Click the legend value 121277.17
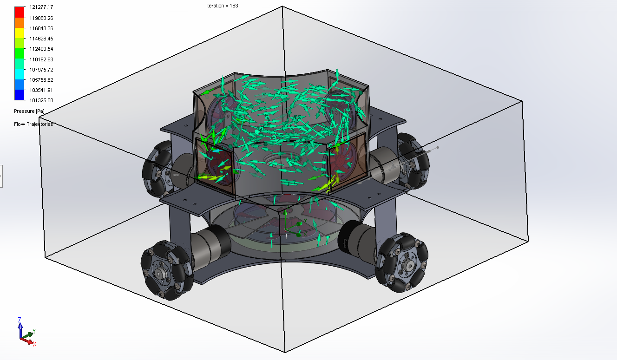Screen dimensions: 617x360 (41, 7)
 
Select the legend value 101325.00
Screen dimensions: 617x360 (41, 100)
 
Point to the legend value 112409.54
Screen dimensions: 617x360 (41, 49)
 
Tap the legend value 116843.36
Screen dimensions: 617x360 (41, 28)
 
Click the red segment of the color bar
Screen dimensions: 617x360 (20, 12)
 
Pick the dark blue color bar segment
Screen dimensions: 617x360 (20, 95)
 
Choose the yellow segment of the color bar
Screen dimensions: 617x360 (20, 33)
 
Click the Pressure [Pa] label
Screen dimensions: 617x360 (29, 111)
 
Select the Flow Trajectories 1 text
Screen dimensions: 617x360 (35, 124)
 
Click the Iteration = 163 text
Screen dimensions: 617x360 (222, 6)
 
